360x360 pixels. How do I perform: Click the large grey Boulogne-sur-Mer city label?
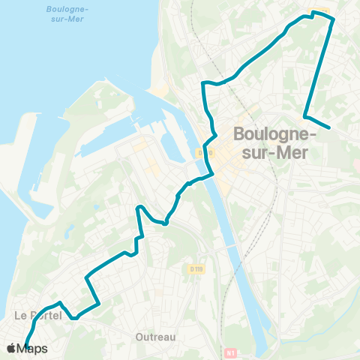pyautogui.click(x=275, y=142)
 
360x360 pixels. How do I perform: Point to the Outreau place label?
pyautogui.click(x=156, y=337)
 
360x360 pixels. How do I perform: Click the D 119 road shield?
pyautogui.click(x=197, y=268)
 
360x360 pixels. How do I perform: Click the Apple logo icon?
pyautogui.click(x=11, y=348)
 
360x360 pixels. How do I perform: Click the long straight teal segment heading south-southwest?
pyautogui.click(x=318, y=67)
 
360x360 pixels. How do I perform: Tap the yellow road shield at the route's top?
pyautogui.click(x=321, y=10)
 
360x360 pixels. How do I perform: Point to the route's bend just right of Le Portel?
pyautogui.click(x=74, y=317)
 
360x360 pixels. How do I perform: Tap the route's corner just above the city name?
pyautogui.click(x=304, y=116)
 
